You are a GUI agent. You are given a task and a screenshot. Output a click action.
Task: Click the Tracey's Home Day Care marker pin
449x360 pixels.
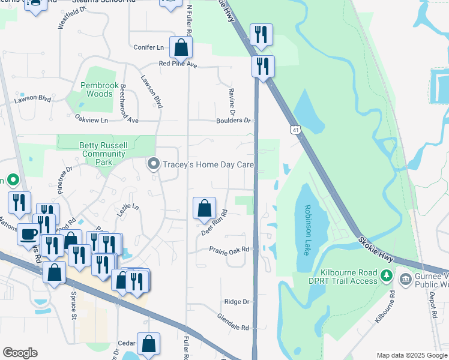(x=153, y=164)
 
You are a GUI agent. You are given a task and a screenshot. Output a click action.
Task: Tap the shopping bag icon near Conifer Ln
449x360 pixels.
(x=181, y=47)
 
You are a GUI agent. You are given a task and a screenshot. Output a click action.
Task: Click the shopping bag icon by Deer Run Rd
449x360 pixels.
(x=205, y=208)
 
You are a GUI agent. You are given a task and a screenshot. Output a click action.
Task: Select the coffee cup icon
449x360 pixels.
(x=29, y=233)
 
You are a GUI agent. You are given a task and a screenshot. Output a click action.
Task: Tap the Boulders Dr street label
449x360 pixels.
(x=234, y=121)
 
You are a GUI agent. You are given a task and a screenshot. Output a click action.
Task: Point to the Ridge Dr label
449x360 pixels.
(x=237, y=302)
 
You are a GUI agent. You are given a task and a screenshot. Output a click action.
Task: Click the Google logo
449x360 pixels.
(x=20, y=353)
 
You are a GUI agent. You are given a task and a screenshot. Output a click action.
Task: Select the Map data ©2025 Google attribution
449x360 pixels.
(x=411, y=355)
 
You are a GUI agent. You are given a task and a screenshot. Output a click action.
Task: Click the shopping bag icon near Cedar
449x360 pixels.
(x=148, y=344)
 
